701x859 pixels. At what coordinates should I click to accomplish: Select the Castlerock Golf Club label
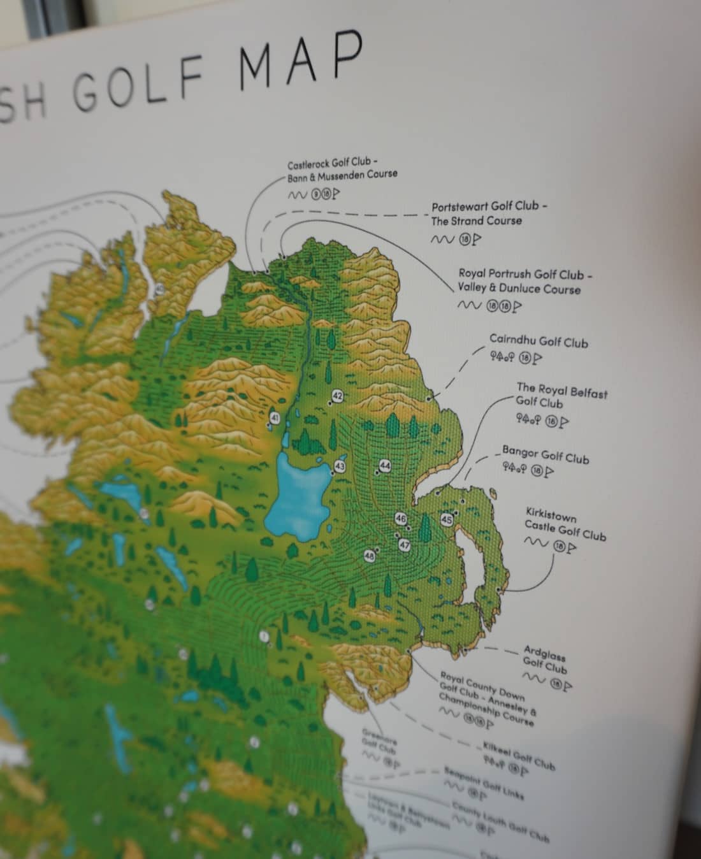[x=342, y=168]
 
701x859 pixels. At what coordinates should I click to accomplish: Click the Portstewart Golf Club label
[x=489, y=213]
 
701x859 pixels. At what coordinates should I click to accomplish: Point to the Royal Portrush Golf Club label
[x=525, y=281]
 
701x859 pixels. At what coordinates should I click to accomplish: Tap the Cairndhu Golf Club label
[x=538, y=342]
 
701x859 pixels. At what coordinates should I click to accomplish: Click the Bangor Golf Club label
[x=546, y=456]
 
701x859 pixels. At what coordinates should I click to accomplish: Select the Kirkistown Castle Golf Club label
[x=565, y=524]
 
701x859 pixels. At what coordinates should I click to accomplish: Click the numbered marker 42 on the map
[x=338, y=396]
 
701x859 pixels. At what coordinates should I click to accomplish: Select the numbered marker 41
[x=275, y=418]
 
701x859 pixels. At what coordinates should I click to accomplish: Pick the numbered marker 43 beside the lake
[x=340, y=466]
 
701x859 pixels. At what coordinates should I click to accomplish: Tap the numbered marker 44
[x=385, y=466]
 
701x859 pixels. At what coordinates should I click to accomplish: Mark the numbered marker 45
[x=447, y=520]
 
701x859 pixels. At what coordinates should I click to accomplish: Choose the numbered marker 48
[x=370, y=556]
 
